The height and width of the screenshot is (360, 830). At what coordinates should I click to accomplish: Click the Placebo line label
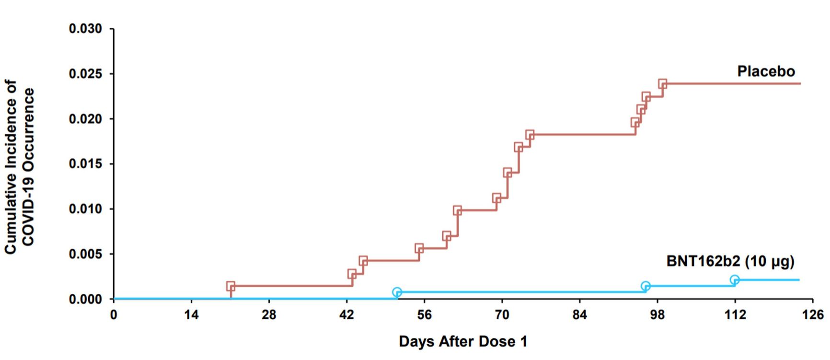[x=766, y=71]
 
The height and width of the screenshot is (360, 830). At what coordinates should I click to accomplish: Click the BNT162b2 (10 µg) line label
[x=730, y=261]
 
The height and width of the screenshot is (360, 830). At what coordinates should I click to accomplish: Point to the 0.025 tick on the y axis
[x=85, y=74]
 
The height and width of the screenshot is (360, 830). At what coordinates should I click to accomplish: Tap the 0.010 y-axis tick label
[x=85, y=209]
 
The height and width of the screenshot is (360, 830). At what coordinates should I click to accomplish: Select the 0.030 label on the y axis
[x=85, y=29]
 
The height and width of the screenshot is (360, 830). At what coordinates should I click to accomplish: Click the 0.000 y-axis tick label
[x=85, y=299]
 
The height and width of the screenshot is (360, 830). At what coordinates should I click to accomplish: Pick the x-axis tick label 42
[x=346, y=315]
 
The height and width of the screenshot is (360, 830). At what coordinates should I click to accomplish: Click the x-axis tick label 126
[x=812, y=315]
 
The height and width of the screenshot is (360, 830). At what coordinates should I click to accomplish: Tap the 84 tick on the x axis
[x=579, y=315]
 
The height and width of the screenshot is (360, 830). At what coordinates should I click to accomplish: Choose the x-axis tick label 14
[x=191, y=315]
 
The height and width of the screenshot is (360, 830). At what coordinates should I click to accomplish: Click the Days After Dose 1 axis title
[x=463, y=341]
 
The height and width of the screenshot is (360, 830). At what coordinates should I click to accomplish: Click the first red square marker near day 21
[x=231, y=286]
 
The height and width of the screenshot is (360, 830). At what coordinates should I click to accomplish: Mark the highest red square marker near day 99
[x=662, y=84]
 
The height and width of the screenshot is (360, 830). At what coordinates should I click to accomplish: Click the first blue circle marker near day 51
[x=397, y=292]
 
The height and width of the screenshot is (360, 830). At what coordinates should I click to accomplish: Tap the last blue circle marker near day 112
[x=734, y=279]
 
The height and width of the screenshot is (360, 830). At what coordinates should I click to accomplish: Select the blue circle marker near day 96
[x=646, y=286]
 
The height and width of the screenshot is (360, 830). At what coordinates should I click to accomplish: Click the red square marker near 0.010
[x=457, y=210]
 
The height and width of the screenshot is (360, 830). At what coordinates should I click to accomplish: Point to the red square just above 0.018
[x=530, y=135]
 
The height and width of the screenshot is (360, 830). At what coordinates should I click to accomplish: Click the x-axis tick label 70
[x=502, y=315]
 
